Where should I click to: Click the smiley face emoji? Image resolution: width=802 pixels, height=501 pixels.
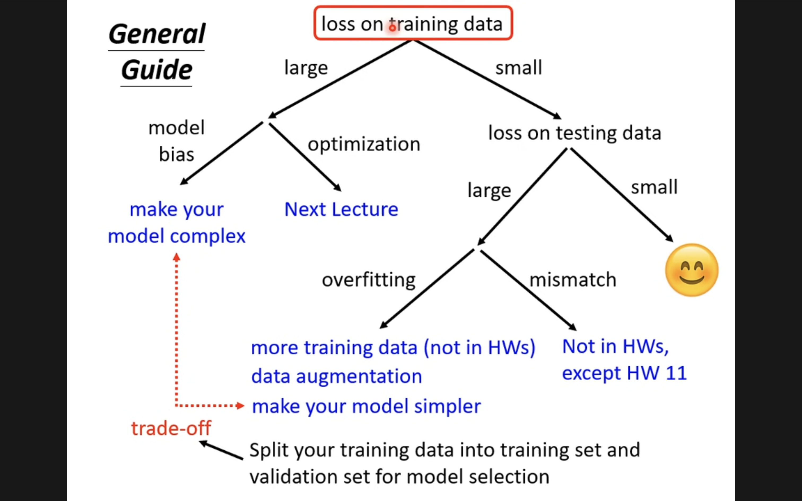click(692, 270)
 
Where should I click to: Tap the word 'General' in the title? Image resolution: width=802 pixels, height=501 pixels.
click(157, 34)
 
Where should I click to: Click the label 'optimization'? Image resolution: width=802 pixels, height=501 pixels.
click(364, 144)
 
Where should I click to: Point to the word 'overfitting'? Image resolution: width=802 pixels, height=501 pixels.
click(369, 280)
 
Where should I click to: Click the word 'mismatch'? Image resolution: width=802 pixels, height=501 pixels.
click(573, 280)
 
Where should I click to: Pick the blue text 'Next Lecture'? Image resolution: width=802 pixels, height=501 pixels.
click(341, 209)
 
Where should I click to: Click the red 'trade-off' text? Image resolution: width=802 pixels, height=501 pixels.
click(171, 428)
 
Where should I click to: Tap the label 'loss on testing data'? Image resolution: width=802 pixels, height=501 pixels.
click(575, 133)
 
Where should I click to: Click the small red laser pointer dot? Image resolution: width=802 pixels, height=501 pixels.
click(393, 28)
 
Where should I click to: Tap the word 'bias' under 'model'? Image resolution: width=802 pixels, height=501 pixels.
click(177, 154)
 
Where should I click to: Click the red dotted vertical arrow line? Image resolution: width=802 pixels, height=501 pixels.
click(176, 330)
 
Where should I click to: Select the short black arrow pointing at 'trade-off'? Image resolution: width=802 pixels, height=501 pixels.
click(221, 450)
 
